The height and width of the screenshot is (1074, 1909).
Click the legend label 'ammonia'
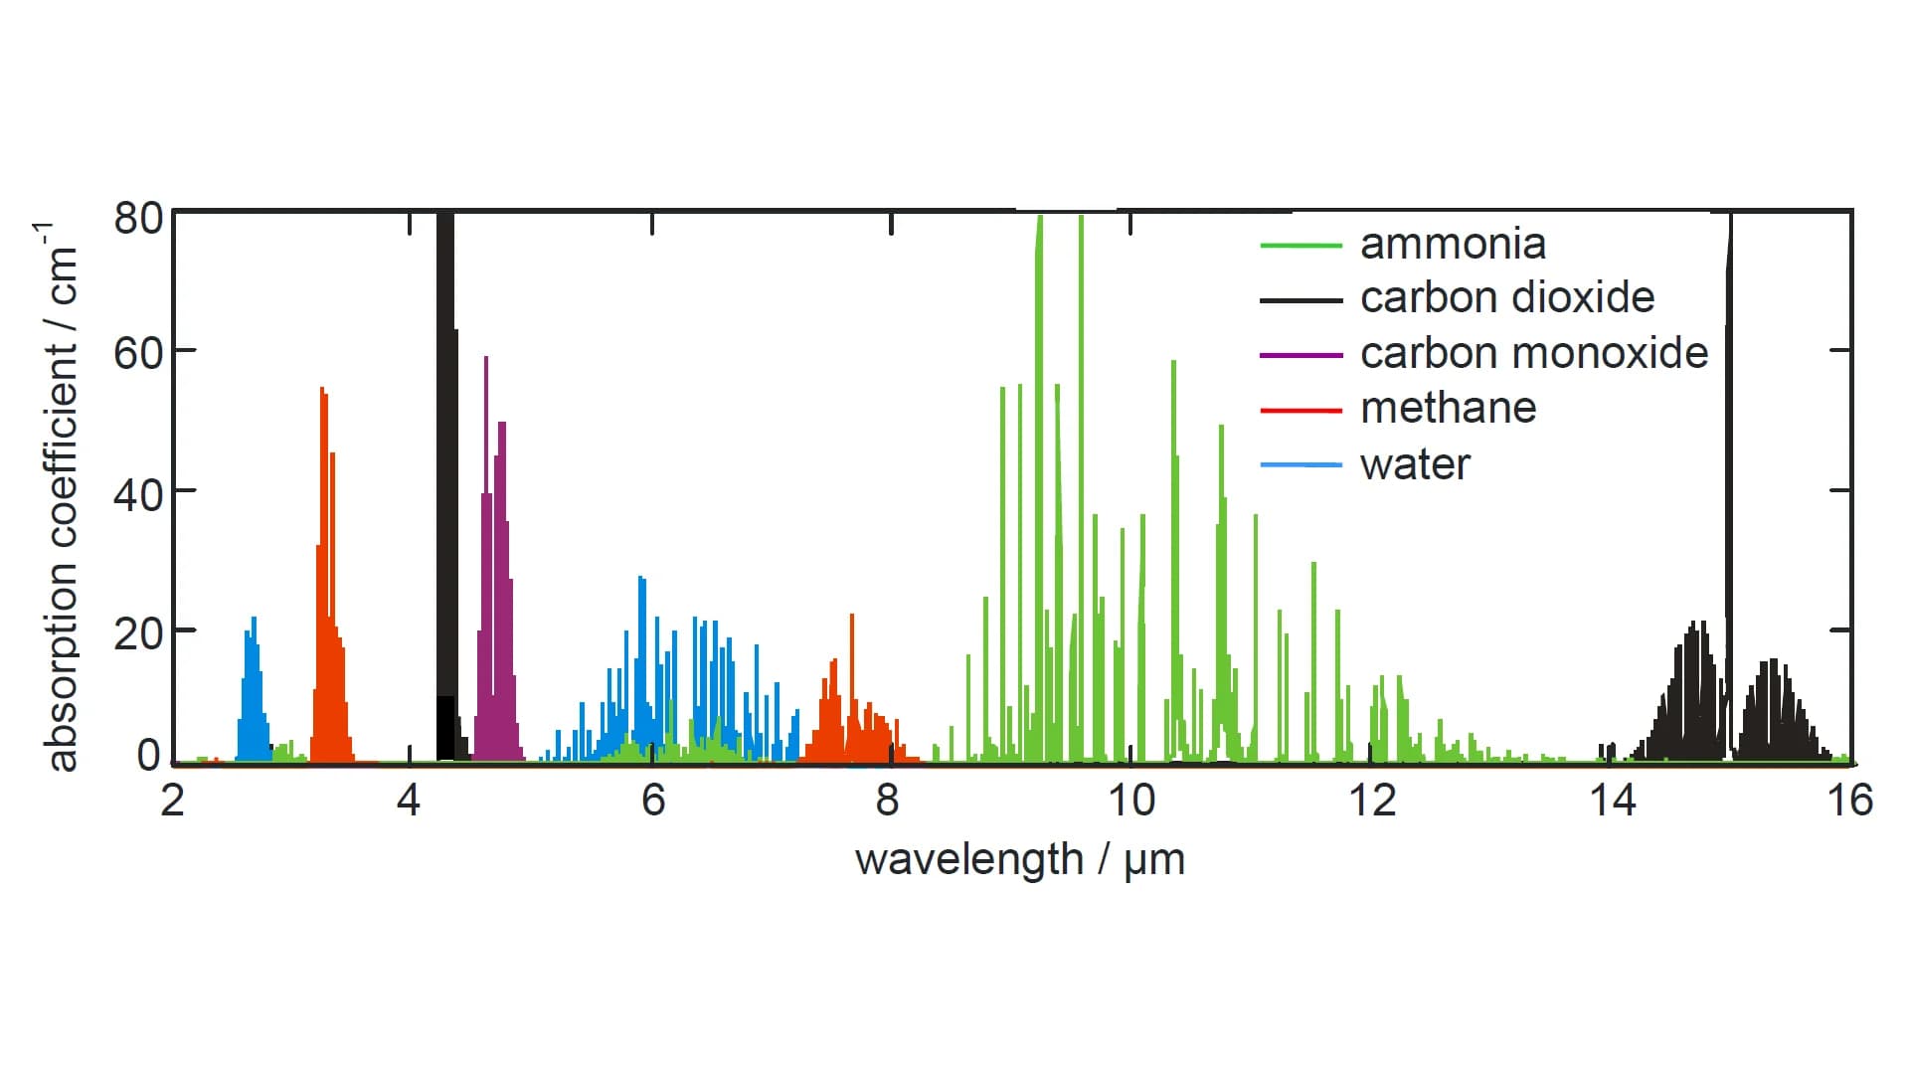point(1453,245)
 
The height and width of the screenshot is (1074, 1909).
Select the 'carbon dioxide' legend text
point(1506,298)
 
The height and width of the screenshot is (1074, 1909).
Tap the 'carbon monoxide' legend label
point(1533,354)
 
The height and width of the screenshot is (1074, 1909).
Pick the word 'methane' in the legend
point(1448,409)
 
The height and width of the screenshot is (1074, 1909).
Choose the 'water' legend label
point(1415,464)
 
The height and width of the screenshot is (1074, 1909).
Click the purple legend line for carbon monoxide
point(1301,355)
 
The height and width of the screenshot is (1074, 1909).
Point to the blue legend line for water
point(1301,465)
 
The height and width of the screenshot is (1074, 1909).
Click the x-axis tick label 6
point(652,801)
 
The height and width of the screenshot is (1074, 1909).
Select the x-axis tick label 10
point(1130,801)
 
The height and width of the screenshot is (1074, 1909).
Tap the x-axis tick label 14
point(1612,801)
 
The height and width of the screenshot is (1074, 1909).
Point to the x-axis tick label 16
point(1849,801)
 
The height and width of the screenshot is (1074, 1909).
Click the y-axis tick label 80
point(138,219)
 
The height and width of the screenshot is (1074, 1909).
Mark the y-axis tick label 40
point(138,494)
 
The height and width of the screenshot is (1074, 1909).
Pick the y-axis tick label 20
point(138,633)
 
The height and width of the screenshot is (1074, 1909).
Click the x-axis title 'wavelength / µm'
point(1019,860)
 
